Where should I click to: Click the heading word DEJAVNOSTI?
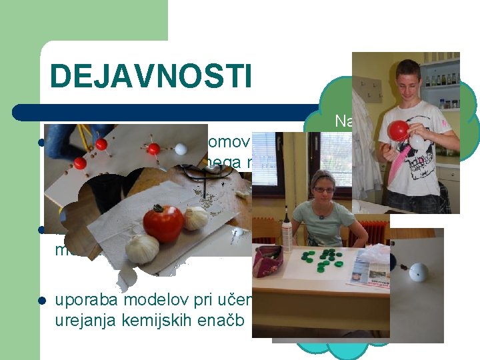pos(151,76)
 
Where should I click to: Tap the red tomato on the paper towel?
pos(163,223)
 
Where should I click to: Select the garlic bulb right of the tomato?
pos(195,218)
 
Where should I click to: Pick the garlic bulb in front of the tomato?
pos(142,248)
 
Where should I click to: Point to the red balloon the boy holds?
pos(399,131)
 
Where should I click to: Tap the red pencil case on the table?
pos(269,259)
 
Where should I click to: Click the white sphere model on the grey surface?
pos(419,272)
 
